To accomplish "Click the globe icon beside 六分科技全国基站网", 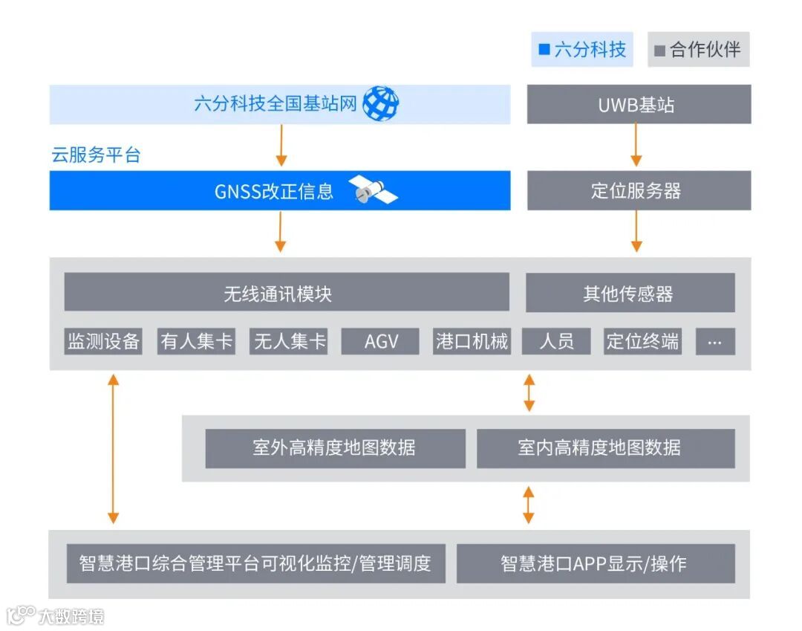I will (x=380, y=104).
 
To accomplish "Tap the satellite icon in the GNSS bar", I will (x=374, y=191).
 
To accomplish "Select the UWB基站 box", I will (x=639, y=104).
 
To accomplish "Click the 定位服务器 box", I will (x=639, y=191).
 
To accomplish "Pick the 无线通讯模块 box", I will (x=287, y=293).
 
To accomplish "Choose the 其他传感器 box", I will (x=630, y=293).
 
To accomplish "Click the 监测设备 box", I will (x=103, y=341).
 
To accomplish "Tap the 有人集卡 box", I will (x=196, y=341).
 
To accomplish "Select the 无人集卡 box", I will (x=289, y=341).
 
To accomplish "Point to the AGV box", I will (x=381, y=341).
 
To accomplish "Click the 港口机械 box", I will (x=472, y=341).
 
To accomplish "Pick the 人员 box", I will (x=556, y=341).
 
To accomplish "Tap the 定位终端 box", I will (x=642, y=341).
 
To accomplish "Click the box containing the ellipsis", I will (x=715, y=341).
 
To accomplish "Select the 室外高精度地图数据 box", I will (x=335, y=448).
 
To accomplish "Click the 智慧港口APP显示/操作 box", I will (x=595, y=563).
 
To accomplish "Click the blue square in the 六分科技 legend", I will (x=544, y=50).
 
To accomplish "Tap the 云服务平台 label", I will (x=96, y=155).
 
